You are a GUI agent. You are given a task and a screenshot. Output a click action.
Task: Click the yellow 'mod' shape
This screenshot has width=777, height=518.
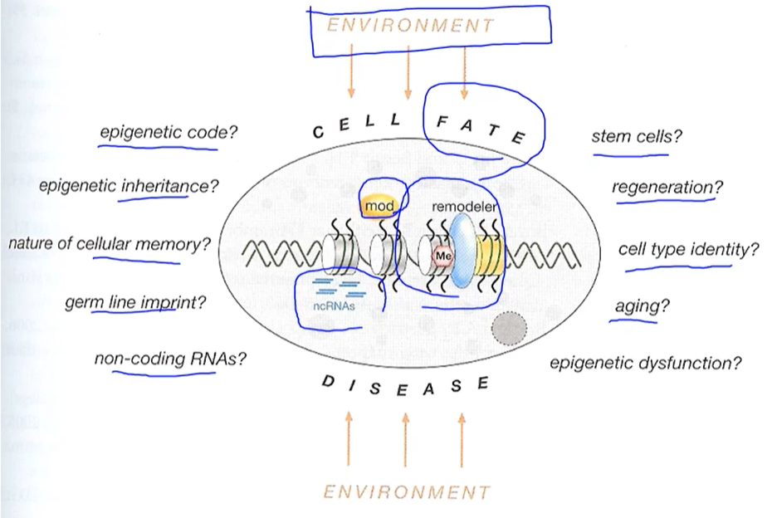click(x=380, y=205)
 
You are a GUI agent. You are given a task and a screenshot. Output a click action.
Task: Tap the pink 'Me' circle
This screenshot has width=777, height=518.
click(x=443, y=257)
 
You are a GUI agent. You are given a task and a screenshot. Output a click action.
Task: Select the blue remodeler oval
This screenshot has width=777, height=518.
click(x=463, y=252)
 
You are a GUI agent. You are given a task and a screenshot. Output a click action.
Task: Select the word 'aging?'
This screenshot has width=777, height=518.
click(x=642, y=305)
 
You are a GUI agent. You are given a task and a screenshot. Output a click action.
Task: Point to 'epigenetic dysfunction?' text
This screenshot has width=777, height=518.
click(x=645, y=363)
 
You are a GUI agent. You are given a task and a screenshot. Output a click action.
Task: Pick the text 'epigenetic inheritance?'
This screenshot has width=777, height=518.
click(x=129, y=185)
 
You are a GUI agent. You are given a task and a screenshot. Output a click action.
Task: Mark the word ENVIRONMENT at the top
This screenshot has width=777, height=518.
click(x=410, y=26)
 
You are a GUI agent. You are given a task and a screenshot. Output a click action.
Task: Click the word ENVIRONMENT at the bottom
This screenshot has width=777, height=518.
click(x=407, y=491)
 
